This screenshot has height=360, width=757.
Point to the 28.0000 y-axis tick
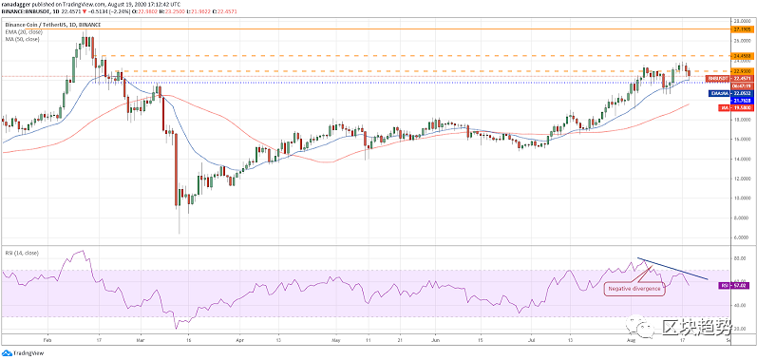(741, 20)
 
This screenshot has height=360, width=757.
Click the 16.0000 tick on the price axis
(741, 139)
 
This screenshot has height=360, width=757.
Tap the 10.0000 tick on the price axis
(741, 198)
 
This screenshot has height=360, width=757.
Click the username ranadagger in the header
(21, 4)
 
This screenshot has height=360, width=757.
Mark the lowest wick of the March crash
(179, 234)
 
